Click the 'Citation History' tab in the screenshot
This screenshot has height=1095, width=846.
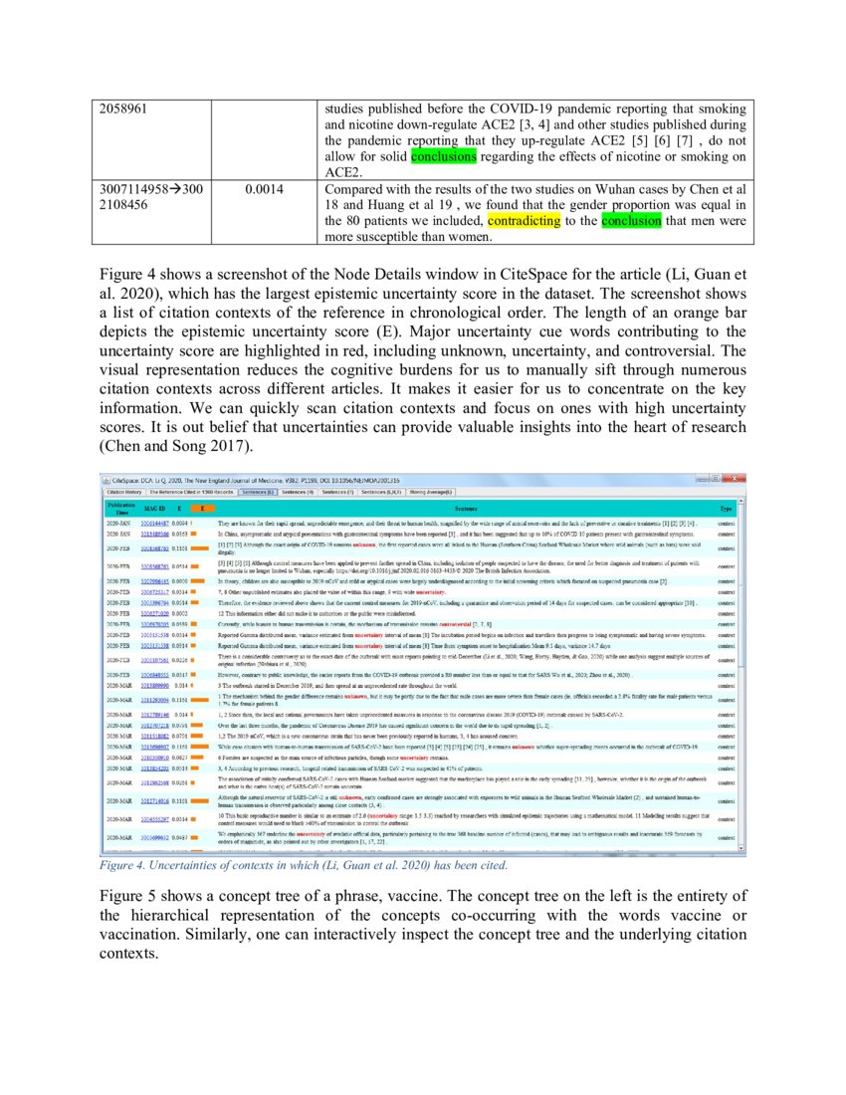point(124,492)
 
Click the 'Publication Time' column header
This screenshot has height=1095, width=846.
point(118,508)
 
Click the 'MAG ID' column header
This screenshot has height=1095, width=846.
point(153,508)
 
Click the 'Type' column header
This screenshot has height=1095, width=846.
point(727,508)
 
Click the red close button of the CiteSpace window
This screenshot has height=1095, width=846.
point(737,479)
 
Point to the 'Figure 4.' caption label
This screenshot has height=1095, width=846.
point(121,866)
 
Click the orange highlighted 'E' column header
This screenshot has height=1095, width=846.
point(194,508)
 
